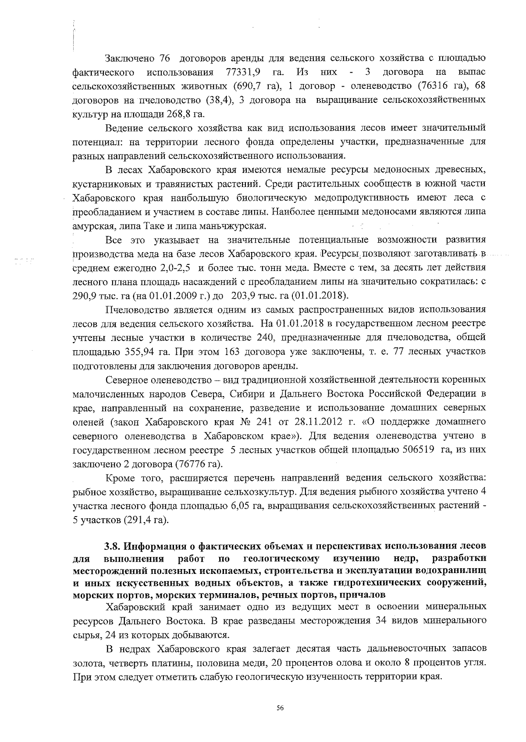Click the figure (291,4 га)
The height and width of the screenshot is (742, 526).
(146, 520)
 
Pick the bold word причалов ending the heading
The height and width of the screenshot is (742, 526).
(362, 595)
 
